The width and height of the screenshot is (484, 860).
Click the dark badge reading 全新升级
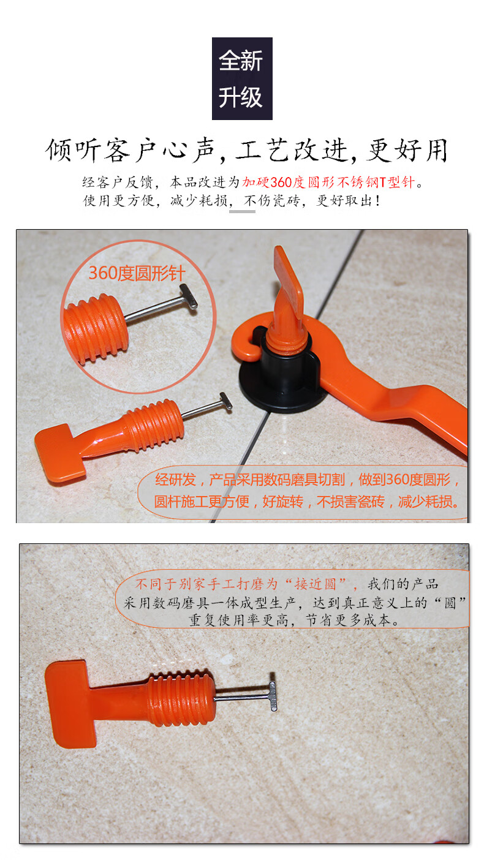242,78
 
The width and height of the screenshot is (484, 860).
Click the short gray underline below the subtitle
243,211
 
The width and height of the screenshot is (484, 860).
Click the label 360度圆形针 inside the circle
137,273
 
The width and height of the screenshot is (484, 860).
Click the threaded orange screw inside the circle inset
96,328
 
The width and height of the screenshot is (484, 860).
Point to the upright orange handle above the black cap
289,288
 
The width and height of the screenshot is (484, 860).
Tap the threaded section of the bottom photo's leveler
181,699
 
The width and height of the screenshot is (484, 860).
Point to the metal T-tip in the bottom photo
272,692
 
